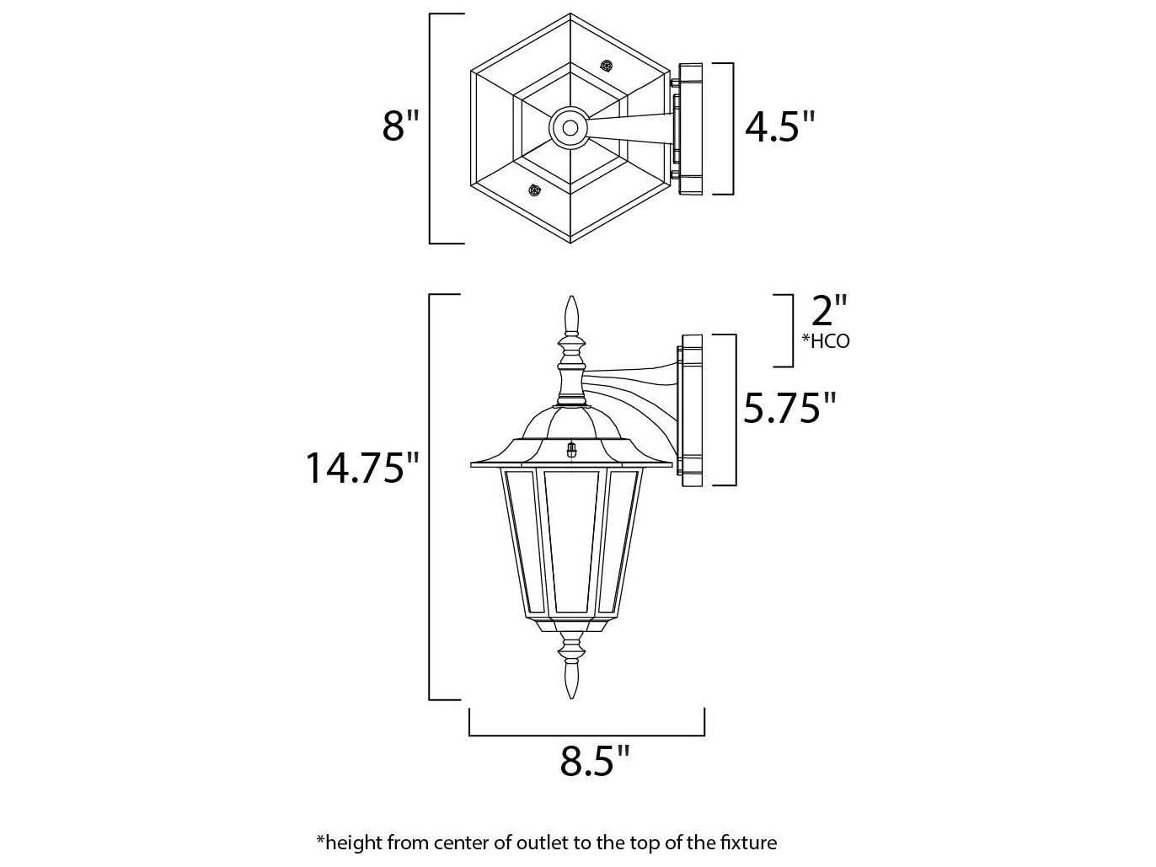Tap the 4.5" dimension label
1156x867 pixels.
pyautogui.click(x=779, y=128)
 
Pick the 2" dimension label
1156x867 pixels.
pyautogui.click(x=828, y=312)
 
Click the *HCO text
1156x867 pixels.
pyautogui.click(x=826, y=342)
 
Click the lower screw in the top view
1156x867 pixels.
pyautogui.click(x=534, y=190)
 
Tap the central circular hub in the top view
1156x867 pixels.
pyautogui.click(x=570, y=128)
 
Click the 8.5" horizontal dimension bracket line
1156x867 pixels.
pyautogui.click(x=586, y=735)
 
